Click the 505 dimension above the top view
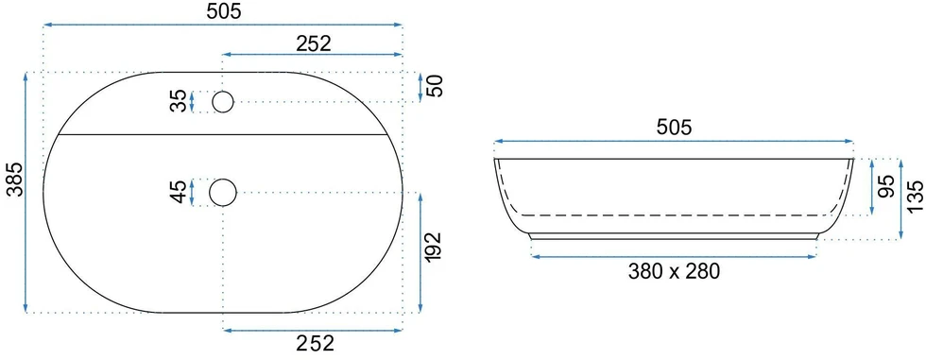click(224, 11)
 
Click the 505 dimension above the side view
click(674, 128)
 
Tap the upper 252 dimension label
click(313, 43)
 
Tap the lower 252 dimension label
click(313, 343)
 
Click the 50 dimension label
click(435, 86)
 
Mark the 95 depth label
click(886, 186)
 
